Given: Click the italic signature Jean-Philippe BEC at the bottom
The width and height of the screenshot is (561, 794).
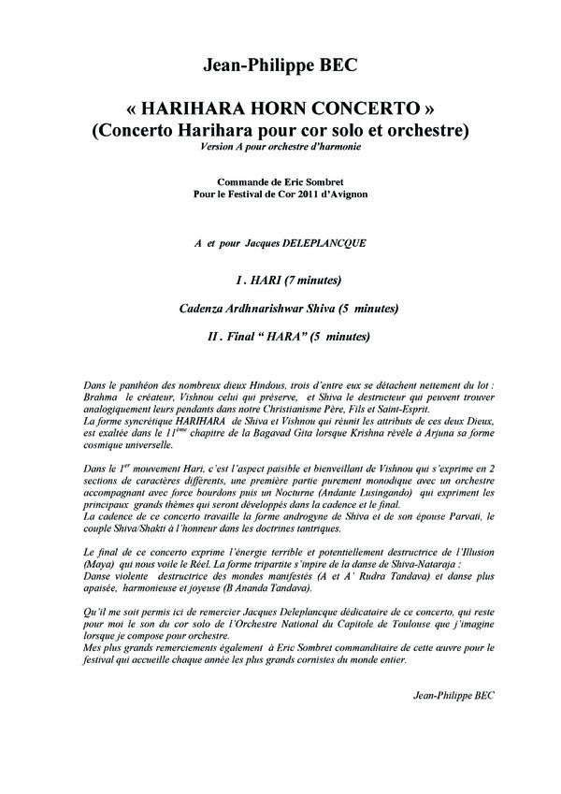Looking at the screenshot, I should coord(453,696).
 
